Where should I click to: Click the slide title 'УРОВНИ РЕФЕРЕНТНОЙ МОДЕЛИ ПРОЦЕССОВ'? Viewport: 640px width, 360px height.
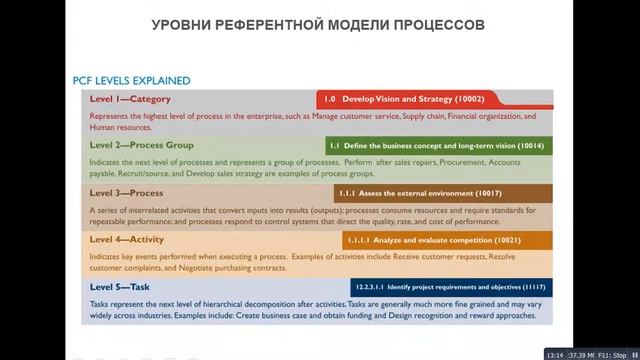(x=320, y=23)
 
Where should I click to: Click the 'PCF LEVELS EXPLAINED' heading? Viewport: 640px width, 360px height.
(x=132, y=81)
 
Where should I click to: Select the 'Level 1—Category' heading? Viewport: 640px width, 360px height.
(x=130, y=99)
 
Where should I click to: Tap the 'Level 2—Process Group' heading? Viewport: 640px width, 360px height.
(x=142, y=145)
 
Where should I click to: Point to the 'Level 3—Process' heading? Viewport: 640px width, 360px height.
(x=126, y=192)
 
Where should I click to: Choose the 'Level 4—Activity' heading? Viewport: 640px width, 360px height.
(x=126, y=240)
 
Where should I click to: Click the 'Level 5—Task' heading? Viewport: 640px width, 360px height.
(x=120, y=287)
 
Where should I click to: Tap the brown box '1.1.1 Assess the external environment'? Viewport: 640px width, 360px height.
(x=442, y=193)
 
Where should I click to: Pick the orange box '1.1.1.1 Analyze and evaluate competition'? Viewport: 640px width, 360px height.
(x=447, y=241)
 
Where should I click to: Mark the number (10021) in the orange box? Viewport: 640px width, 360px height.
(x=529, y=241)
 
